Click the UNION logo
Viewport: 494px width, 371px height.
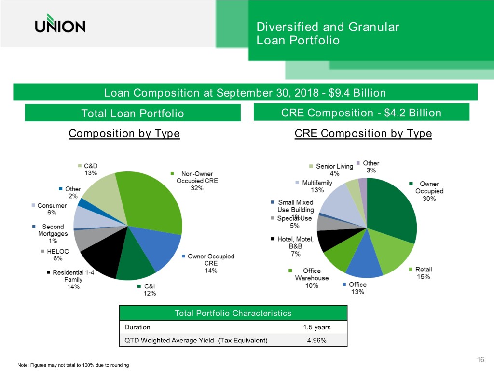click(x=60, y=23)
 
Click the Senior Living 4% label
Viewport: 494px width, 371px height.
click(x=331, y=170)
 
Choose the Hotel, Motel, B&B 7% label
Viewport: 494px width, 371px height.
click(x=292, y=246)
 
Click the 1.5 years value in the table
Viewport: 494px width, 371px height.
click(x=317, y=327)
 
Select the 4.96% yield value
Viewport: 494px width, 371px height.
click(x=316, y=341)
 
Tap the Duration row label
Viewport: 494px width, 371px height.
click(x=137, y=327)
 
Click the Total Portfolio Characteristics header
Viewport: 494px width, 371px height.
click(x=233, y=313)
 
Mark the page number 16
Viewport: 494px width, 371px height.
click(x=480, y=359)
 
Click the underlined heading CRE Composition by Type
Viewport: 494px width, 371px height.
click(x=363, y=133)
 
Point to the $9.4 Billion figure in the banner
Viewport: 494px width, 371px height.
click(x=357, y=93)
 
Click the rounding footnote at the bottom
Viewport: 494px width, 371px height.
click(x=73, y=365)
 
